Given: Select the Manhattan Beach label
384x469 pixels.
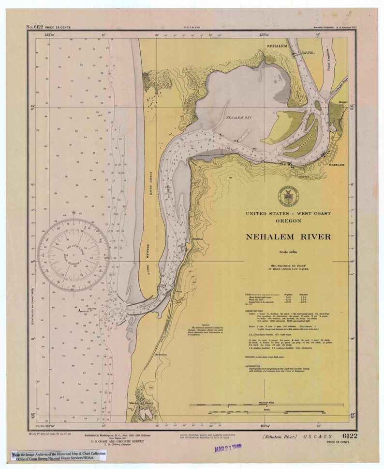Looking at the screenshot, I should coord(141,403).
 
